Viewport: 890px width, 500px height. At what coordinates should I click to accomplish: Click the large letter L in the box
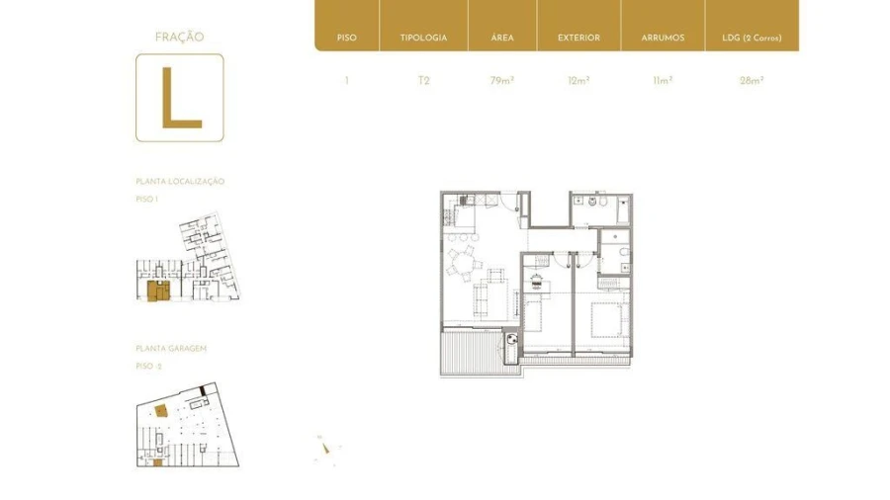coord(180,98)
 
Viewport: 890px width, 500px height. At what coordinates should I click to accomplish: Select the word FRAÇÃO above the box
coord(179,38)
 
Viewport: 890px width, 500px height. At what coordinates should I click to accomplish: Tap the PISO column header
coord(346,38)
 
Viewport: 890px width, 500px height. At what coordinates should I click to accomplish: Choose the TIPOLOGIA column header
coord(423,38)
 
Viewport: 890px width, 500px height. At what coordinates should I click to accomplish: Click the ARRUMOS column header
coord(663,38)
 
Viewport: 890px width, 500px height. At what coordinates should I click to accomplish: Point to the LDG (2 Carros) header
coord(752,38)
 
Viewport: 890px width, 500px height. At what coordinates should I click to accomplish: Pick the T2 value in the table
coord(423,81)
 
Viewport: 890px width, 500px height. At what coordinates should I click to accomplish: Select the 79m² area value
coord(502,81)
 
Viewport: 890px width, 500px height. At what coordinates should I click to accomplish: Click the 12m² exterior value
coord(578,81)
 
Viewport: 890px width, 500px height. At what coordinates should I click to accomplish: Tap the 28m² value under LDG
coord(752,81)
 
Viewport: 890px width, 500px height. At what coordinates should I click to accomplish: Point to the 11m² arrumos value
coord(663,81)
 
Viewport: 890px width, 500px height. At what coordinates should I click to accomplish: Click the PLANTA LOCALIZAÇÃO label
coord(180,182)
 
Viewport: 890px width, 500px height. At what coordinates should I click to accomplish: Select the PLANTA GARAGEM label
coord(171,349)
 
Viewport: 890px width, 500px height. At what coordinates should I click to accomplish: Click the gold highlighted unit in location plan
coord(156,291)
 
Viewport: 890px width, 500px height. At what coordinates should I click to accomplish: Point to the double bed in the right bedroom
coord(608,318)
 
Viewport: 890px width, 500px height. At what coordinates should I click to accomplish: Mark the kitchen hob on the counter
coord(463,201)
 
